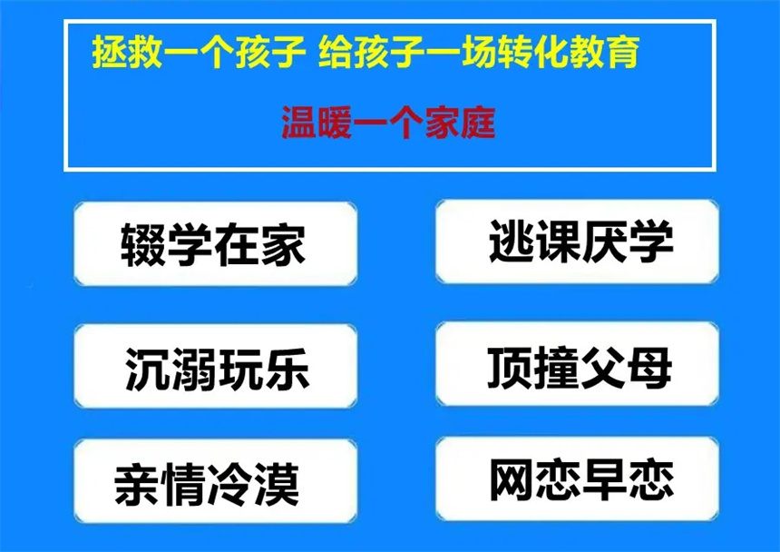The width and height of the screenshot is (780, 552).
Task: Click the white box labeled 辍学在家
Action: tap(215, 244)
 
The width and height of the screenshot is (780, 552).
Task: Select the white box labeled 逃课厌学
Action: tap(578, 241)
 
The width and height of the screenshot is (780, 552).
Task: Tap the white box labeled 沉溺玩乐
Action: tap(215, 367)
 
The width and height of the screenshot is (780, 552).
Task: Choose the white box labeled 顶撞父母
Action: tap(578, 364)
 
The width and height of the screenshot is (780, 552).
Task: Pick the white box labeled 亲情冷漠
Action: tap(215, 481)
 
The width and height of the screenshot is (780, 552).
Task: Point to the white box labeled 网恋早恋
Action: tap(578, 478)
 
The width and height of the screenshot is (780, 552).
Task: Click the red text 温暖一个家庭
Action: tap(388, 123)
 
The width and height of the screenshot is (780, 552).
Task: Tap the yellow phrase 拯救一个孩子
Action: tap(199, 52)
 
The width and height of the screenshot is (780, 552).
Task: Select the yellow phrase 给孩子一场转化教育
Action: tap(479, 52)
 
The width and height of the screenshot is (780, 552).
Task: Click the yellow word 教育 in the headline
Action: tap(604, 52)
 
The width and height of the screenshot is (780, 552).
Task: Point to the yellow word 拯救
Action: tap(127, 52)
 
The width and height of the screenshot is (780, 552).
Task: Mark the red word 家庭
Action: tap(460, 123)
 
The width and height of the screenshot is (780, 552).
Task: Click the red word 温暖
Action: tap(317, 123)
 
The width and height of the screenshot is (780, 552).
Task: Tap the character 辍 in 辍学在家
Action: tap(142, 244)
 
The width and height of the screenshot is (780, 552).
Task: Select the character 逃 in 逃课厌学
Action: tap(511, 241)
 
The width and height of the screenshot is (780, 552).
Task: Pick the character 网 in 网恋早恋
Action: tap(512, 478)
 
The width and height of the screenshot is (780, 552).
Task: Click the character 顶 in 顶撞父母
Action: tap(510, 368)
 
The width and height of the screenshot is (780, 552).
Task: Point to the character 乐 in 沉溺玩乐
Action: tap(287, 369)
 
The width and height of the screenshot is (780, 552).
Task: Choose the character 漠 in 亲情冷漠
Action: tap(277, 484)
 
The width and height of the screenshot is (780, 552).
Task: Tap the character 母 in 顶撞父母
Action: tap(650, 368)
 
